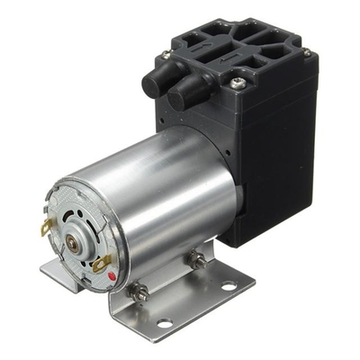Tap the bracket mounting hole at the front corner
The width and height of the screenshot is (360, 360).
[x=165, y=322]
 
